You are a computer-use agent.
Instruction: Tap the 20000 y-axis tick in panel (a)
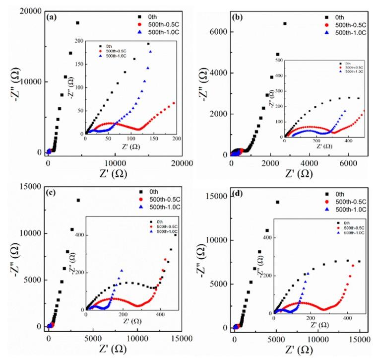28,12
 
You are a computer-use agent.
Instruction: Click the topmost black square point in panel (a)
77,23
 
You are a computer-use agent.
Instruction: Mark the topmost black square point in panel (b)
285,23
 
